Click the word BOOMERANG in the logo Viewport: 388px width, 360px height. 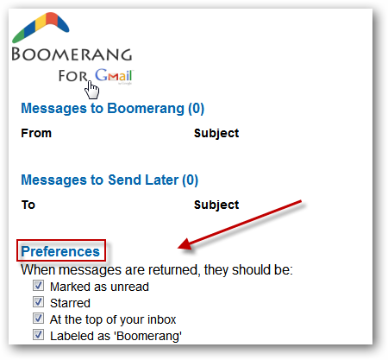(72, 54)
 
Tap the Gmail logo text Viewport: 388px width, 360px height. (114, 75)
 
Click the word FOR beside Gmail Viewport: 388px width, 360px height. (72, 76)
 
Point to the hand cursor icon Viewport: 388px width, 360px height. (92, 90)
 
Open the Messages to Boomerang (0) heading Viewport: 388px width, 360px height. (113, 109)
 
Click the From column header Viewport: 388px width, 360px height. (36, 133)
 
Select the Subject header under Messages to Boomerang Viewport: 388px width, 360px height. (216, 133)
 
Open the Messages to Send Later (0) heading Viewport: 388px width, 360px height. (110, 180)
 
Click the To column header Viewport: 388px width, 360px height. (28, 205)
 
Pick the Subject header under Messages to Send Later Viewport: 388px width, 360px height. (216, 205)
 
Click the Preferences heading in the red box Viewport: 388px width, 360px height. (60, 251)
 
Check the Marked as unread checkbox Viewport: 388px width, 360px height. (38, 286)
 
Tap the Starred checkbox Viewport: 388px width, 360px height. (38, 302)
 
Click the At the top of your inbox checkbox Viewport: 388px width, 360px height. (38, 319)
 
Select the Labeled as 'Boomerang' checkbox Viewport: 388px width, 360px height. (38, 335)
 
